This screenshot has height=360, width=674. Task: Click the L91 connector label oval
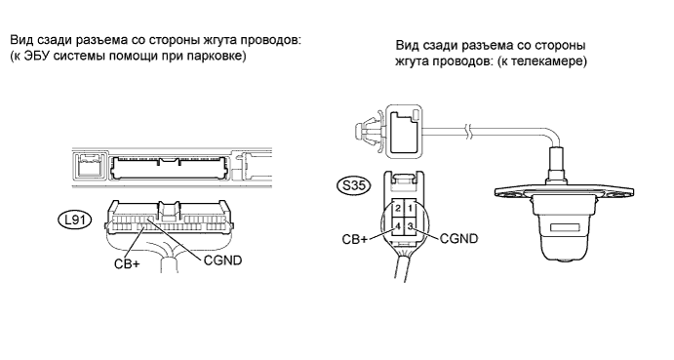(74, 220)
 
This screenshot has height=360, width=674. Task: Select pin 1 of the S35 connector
(410, 209)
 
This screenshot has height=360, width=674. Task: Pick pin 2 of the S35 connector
(398, 209)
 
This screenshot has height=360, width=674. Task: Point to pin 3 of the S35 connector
(410, 226)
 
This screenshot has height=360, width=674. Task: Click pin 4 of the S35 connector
(398, 226)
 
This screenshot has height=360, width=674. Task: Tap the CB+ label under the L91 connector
(127, 263)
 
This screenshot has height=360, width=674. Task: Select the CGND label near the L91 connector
(222, 260)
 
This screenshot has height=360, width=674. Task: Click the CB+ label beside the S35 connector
(355, 239)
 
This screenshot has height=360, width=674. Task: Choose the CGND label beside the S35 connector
(458, 238)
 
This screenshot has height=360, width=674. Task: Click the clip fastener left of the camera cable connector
(368, 128)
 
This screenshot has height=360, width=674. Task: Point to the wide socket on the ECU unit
(169, 168)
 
